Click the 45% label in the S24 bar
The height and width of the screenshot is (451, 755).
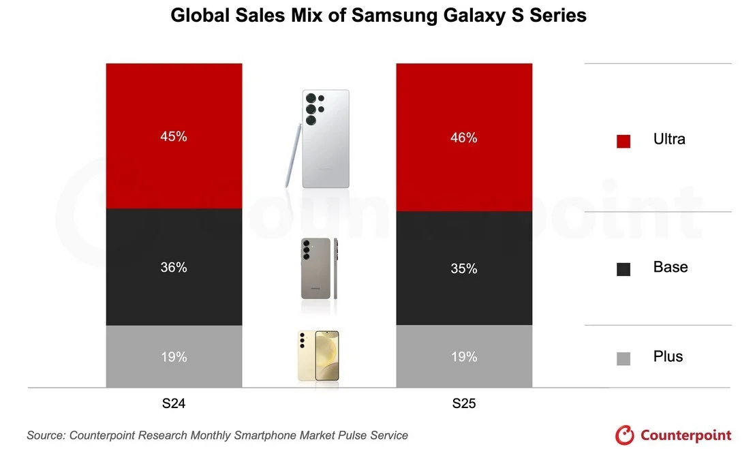174,136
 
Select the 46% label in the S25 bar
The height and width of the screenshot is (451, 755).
464,138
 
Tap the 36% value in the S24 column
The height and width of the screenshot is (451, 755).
174,268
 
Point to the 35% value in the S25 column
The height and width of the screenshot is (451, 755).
464,269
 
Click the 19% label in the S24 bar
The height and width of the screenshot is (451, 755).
174,357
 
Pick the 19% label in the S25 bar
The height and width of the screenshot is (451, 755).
464,357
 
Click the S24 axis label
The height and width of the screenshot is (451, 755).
174,404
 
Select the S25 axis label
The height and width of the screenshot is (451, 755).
464,404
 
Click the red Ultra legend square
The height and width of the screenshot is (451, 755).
623,141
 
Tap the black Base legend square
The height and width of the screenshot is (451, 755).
623,269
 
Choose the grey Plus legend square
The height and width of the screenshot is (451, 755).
623,358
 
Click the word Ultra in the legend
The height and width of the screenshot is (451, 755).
669,139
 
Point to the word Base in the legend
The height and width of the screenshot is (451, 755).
671,267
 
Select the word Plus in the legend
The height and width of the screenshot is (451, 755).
668,356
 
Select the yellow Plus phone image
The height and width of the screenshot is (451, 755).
318,356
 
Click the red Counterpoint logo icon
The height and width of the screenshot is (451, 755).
625,435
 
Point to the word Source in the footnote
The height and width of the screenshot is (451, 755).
46,435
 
